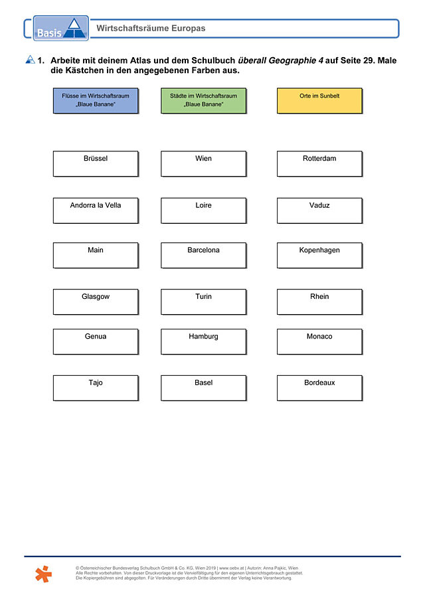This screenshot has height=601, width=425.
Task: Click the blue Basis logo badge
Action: (x=61, y=28)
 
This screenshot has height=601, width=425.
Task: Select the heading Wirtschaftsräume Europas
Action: (x=151, y=29)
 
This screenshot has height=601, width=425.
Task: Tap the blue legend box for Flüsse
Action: (x=96, y=101)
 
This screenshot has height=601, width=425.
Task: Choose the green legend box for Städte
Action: (x=203, y=101)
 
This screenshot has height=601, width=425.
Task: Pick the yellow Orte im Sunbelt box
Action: (x=319, y=101)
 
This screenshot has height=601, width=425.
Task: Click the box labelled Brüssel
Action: (x=96, y=163)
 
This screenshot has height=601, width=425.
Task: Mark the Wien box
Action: (x=203, y=163)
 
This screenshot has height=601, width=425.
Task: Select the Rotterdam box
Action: (x=319, y=163)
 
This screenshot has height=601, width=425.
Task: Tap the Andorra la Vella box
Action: (x=96, y=211)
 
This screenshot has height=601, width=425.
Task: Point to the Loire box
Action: (x=203, y=211)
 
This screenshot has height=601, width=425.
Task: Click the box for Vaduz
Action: (x=319, y=211)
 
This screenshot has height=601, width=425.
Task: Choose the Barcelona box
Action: (x=203, y=255)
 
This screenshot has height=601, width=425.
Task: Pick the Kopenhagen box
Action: (x=319, y=255)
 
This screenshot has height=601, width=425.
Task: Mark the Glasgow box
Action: (x=96, y=302)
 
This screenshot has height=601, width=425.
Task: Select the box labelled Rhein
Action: (x=319, y=302)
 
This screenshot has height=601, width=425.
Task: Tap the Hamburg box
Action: (x=203, y=342)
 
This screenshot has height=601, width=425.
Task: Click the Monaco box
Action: (x=319, y=342)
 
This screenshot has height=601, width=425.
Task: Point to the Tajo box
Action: (x=96, y=388)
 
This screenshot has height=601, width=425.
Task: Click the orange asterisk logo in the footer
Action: (x=43, y=574)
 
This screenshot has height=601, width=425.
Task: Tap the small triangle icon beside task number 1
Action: (x=31, y=59)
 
